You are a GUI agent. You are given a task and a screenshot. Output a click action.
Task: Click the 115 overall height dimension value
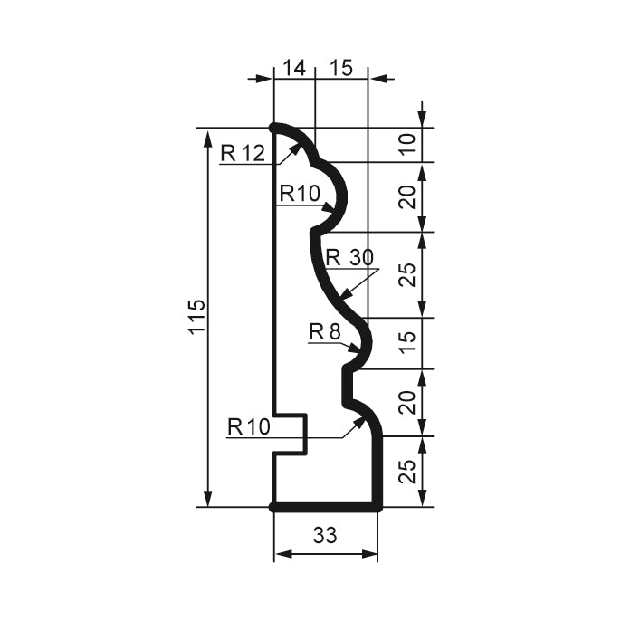[x=197, y=317]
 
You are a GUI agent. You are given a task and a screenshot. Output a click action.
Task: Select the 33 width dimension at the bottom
[x=325, y=535]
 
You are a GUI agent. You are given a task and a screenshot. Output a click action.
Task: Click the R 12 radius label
[x=242, y=153]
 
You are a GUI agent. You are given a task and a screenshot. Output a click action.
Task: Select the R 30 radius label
[x=349, y=258]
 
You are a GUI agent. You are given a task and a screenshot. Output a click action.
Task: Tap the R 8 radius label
[x=323, y=332]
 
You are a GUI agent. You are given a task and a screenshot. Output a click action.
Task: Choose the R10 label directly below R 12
[x=299, y=193]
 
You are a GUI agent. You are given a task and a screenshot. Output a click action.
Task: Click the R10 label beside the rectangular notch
[x=248, y=426]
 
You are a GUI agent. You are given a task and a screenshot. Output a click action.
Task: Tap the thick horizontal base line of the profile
[x=326, y=507]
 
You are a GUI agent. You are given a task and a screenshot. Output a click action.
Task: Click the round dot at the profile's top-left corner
[x=274, y=128]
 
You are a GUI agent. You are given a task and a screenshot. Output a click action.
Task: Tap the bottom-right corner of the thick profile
[x=377, y=507]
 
